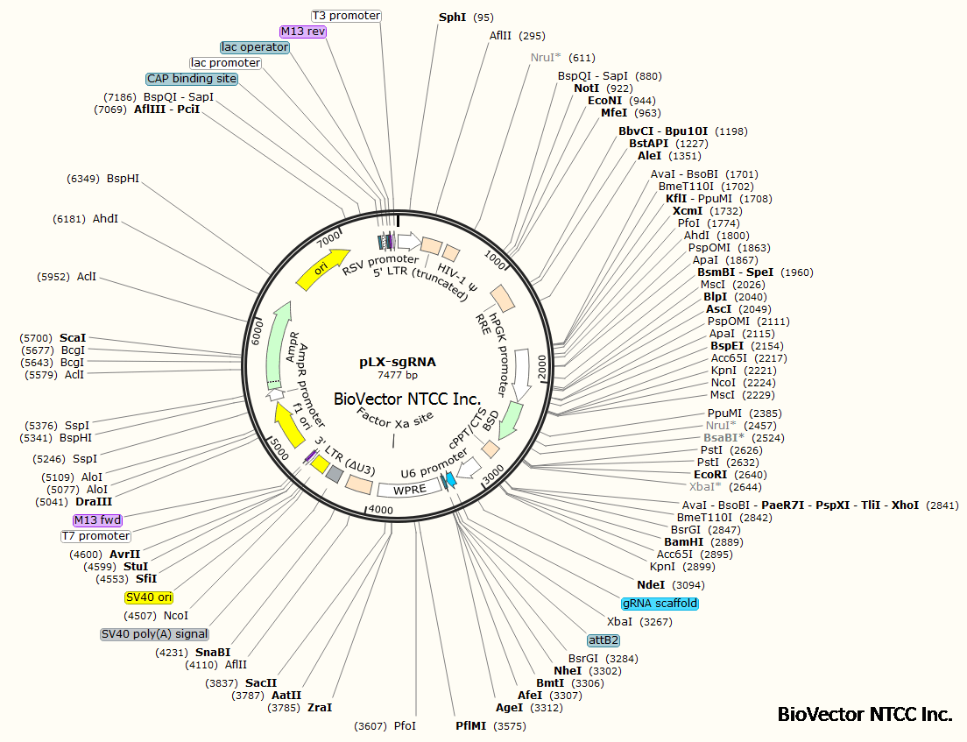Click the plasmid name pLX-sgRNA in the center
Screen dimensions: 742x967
[x=397, y=361]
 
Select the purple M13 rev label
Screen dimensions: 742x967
[x=303, y=32]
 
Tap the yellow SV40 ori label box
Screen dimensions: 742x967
[x=149, y=597]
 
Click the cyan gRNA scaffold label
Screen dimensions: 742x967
[x=660, y=604]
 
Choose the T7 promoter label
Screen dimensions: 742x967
[x=95, y=536]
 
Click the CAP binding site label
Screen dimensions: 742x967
[x=192, y=79]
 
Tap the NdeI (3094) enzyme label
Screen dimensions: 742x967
[x=651, y=584]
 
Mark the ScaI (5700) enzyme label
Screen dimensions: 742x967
[x=73, y=337]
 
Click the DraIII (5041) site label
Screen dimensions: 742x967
[x=93, y=502]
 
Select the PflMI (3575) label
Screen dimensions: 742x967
[x=472, y=726]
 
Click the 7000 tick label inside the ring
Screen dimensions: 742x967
[x=329, y=238]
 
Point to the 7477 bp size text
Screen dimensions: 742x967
[x=398, y=375]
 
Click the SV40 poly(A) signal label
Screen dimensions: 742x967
[x=154, y=633]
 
